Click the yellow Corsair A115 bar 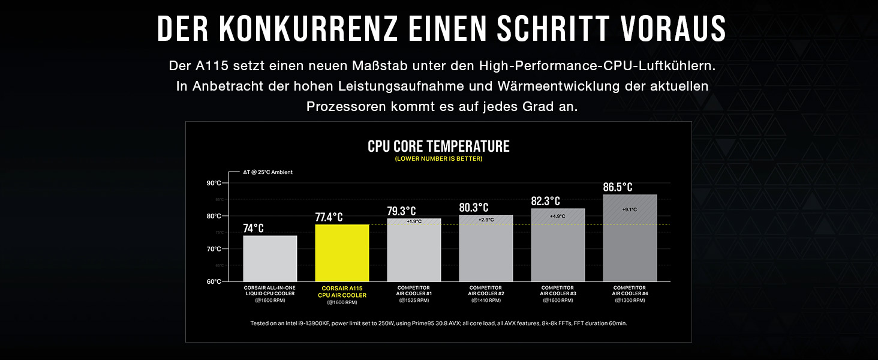point(342,253)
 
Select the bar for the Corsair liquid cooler point(270,258)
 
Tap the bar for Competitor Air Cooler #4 point(630,240)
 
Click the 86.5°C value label point(618,187)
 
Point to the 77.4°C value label point(329,217)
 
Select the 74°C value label point(253,228)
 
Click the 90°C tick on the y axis point(214,183)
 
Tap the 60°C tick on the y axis point(214,281)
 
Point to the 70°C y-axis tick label point(214,248)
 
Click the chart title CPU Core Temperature point(438,146)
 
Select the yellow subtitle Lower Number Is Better point(438,159)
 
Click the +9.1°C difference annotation point(630,209)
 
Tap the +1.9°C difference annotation point(414,221)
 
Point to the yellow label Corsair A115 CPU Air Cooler point(342,292)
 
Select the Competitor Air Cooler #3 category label point(558,291)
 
